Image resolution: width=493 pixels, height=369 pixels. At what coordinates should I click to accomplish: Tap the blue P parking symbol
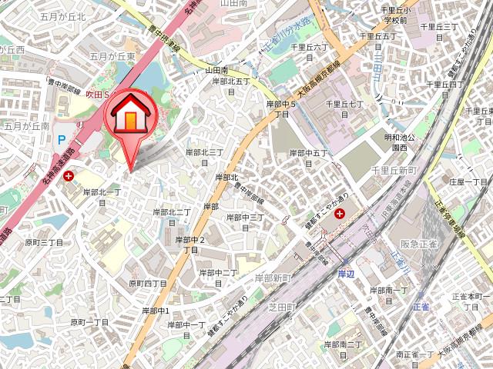[62, 139]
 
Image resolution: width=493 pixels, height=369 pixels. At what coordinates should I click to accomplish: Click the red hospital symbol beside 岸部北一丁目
[69, 176]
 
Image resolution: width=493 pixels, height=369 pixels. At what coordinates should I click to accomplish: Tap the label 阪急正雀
[418, 244]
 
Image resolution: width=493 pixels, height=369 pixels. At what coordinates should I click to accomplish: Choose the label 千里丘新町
[392, 170]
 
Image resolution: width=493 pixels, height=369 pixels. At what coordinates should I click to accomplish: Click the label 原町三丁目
[43, 242]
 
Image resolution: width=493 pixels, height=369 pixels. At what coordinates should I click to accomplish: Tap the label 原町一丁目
[90, 323]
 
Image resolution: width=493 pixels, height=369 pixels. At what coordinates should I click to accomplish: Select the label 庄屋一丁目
[468, 182]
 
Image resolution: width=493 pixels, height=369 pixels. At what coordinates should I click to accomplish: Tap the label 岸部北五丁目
[229, 85]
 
